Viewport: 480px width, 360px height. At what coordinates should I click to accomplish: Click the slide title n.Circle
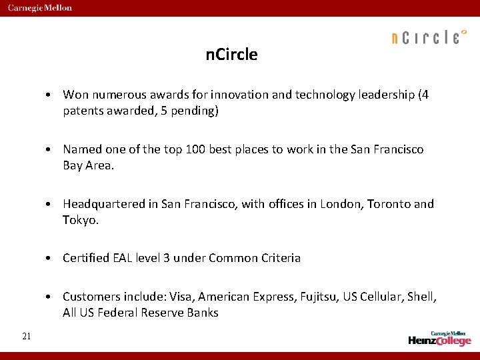click(232, 55)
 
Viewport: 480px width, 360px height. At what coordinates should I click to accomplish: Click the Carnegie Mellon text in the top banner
click(40, 8)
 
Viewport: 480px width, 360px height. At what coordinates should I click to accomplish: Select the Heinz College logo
click(440, 338)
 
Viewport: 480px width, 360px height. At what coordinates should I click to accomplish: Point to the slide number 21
click(26, 336)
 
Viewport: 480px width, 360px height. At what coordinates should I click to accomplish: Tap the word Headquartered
click(102, 204)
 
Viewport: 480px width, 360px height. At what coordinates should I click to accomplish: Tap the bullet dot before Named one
click(50, 150)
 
